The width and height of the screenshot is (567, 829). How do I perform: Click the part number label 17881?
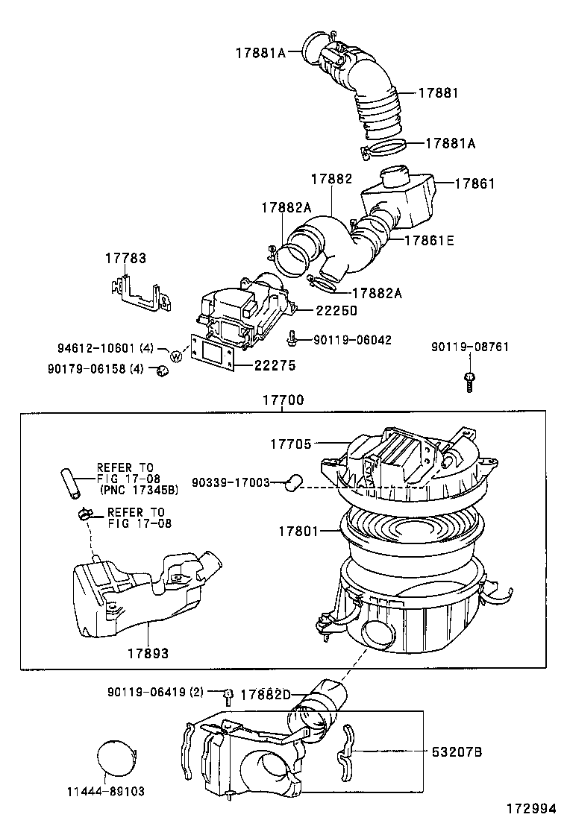(x=438, y=93)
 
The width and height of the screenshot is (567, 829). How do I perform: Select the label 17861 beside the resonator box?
(x=474, y=183)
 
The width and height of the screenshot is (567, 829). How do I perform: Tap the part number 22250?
(x=336, y=311)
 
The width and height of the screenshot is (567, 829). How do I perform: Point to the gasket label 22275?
(x=275, y=365)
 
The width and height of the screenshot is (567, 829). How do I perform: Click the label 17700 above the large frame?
(x=283, y=400)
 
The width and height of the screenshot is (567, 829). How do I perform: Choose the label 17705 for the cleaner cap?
(x=290, y=444)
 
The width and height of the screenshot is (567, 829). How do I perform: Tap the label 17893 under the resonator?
(x=146, y=653)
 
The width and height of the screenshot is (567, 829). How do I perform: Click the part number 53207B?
(x=457, y=752)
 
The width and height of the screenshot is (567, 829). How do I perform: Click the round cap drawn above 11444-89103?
(x=119, y=759)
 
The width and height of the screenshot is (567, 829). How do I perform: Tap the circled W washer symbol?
(x=176, y=356)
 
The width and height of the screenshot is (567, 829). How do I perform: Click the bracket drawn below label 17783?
(x=142, y=294)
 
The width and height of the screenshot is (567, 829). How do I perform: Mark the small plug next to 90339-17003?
(x=292, y=482)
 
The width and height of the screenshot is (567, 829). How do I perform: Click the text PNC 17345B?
(x=139, y=490)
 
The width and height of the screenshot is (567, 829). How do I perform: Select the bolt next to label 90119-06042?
(x=292, y=339)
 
